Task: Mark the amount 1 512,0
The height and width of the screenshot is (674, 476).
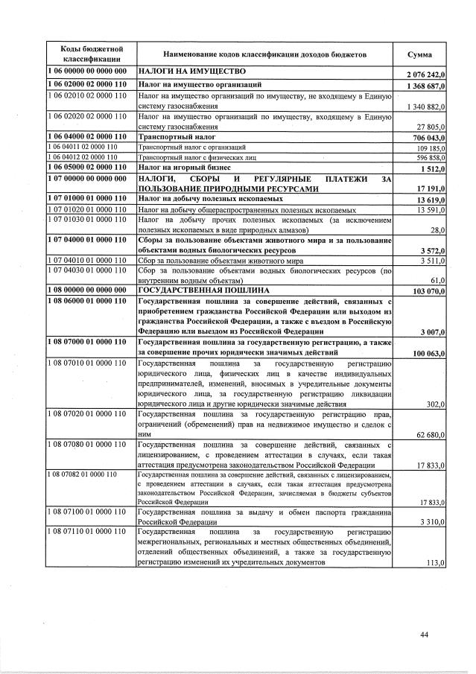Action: point(431,169)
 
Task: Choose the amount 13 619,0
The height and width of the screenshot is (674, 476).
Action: point(428,200)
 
